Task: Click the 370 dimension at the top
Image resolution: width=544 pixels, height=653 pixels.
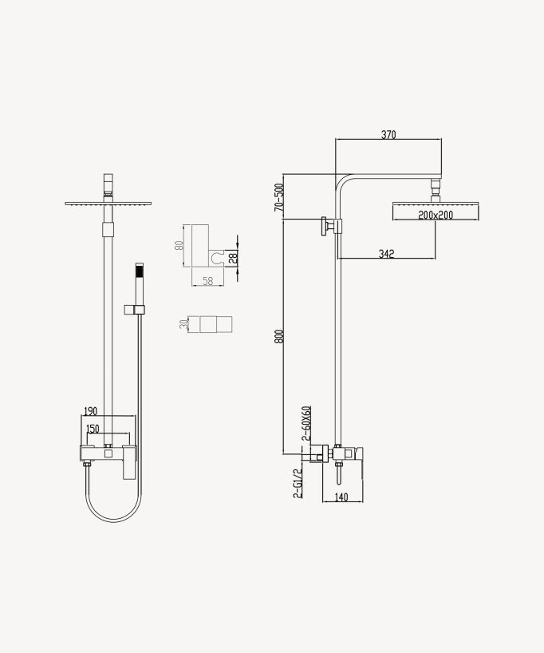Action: [x=388, y=135]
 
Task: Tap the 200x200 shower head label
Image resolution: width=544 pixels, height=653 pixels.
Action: [x=436, y=216]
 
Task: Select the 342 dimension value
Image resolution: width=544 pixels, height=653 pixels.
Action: [x=387, y=254]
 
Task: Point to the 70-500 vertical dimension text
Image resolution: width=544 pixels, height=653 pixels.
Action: [x=279, y=197]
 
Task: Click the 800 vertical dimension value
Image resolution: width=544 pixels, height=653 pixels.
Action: [x=279, y=336]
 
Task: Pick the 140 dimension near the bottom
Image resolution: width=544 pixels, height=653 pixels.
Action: [x=341, y=497]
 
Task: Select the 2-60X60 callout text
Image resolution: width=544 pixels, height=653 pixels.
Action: [x=306, y=423]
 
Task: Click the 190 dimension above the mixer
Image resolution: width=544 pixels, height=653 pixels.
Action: [x=90, y=411]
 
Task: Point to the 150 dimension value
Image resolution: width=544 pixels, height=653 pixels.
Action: [x=93, y=429]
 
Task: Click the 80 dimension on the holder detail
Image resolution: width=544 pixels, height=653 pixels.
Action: [x=180, y=244]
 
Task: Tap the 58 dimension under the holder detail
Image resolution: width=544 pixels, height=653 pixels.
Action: [x=207, y=281]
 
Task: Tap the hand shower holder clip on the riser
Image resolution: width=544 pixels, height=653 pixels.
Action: [x=134, y=309]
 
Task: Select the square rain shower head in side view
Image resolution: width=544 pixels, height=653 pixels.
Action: [x=436, y=211]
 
